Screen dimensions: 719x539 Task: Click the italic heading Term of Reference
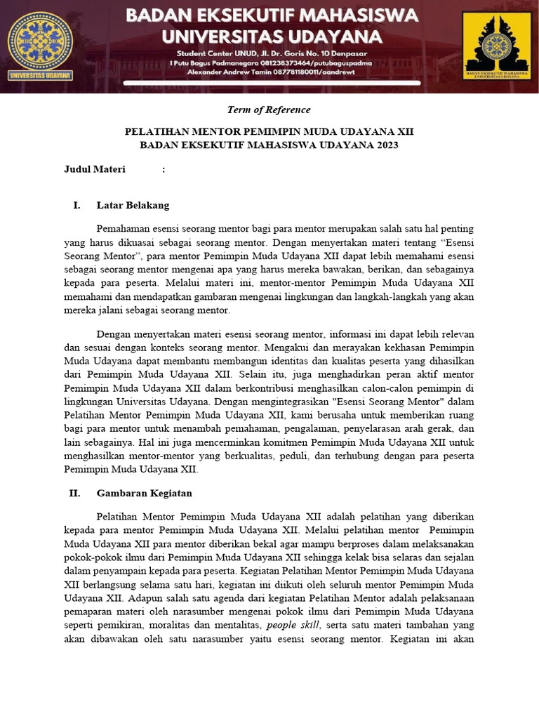point(269,110)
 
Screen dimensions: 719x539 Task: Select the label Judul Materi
point(95,169)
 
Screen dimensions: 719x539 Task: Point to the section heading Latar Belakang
point(133,205)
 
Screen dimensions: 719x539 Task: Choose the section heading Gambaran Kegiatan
point(144,493)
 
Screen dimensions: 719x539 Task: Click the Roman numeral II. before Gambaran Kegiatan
point(74,493)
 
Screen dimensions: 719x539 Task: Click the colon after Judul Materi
point(164,169)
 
